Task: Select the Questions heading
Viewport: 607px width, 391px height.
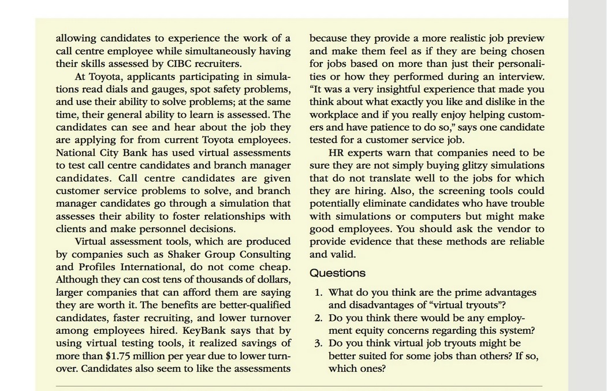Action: tap(337, 273)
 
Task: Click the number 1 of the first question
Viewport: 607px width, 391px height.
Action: tap(318, 293)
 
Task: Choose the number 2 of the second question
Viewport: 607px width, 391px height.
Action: tap(318, 318)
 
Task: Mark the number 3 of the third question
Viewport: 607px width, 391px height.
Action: tap(318, 344)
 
